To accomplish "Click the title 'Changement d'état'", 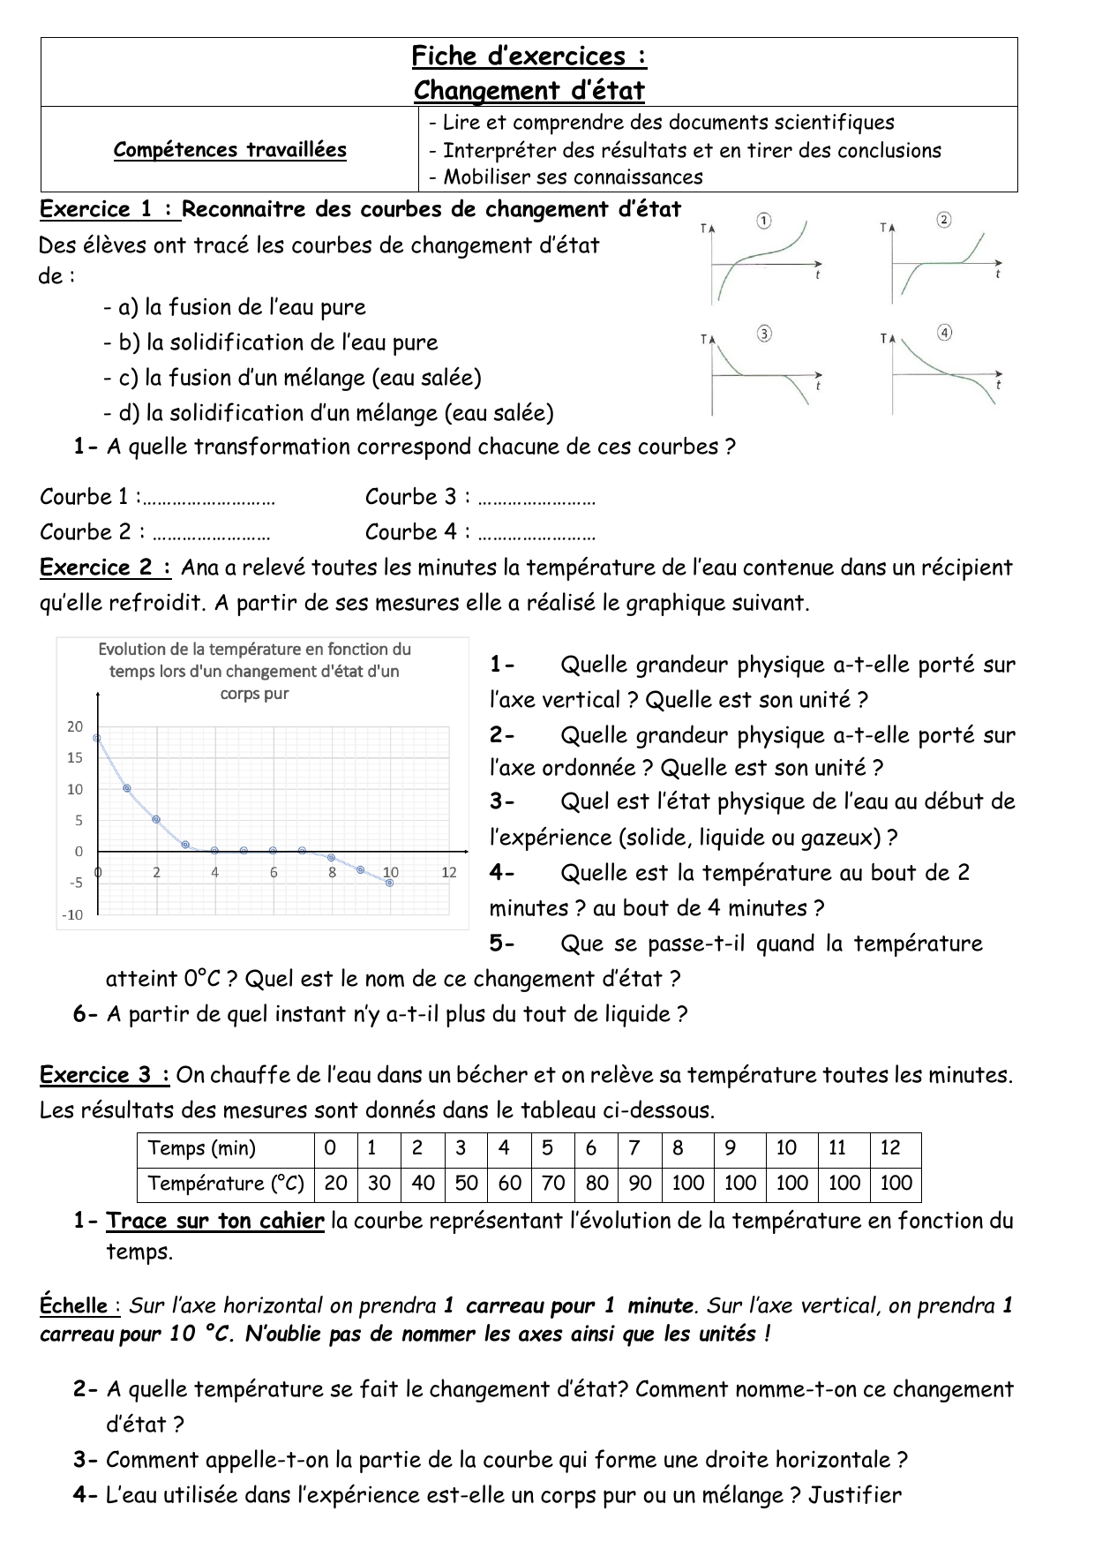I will coord(529,90).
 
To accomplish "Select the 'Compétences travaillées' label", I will coord(229,150).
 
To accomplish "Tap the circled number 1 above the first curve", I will coord(765,220).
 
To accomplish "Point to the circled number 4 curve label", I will coord(945,333).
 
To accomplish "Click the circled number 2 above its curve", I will coord(943,220).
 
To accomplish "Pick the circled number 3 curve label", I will coord(764,333).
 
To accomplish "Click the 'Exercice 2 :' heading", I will coord(106,568).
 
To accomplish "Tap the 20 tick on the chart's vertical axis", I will coord(75,726).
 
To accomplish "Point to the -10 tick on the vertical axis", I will coord(71,914).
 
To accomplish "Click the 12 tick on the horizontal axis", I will coord(449,872).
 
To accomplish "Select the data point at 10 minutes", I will coord(390,883).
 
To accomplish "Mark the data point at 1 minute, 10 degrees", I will coord(127,788).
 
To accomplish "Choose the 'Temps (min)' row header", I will coord(202,1148).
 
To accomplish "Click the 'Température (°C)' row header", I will coord(226,1184).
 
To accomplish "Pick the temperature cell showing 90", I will coord(640,1184).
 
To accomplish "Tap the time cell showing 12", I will coord(890,1148).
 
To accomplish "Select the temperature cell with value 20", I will coord(335,1184).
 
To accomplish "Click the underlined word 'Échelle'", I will coord(74,1305).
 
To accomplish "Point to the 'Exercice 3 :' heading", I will coord(105,1075).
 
